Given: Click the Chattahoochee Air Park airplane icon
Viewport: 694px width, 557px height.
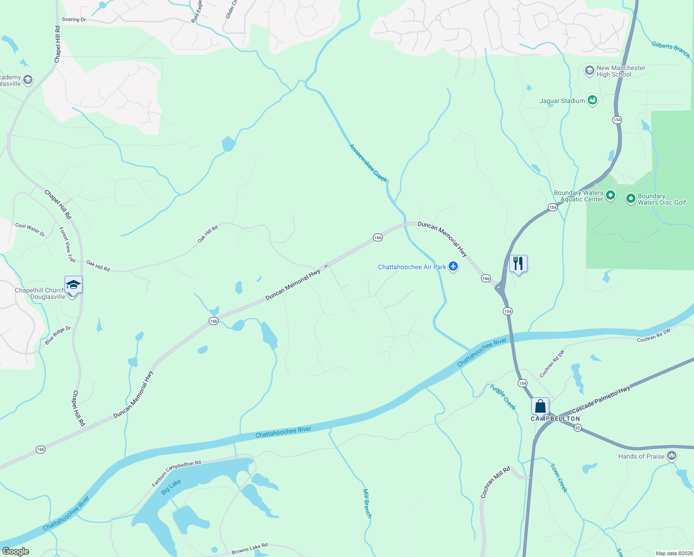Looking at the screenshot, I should point(453,266).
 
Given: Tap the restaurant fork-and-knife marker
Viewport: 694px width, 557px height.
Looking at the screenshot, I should point(518,264).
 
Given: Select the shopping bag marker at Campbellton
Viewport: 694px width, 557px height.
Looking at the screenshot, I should point(540,406).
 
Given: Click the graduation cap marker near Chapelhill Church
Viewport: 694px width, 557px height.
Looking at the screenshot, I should point(73,284).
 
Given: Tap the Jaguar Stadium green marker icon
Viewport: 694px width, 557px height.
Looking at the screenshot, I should point(592,100).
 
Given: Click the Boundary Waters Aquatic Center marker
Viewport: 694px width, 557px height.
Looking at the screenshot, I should point(610,196).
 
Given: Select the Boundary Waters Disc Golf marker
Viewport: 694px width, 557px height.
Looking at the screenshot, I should point(630,199).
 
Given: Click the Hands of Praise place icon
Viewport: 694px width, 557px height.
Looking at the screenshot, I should point(672,456).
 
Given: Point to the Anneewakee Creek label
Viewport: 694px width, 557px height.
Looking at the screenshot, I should point(368,163).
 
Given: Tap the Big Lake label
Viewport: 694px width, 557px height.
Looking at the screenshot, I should point(171,487).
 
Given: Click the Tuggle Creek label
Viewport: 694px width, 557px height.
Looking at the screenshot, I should point(503,397).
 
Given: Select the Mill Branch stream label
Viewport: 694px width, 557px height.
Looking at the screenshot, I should point(367,503).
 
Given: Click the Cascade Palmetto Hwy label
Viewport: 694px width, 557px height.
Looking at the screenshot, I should point(601,400).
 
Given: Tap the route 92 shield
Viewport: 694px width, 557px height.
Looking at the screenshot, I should point(578,428).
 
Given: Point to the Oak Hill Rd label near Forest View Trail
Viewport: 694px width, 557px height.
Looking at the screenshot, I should point(98,266).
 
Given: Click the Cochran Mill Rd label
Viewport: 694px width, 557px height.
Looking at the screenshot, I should point(495,482).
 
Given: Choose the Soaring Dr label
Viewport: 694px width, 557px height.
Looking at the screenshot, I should point(74,19).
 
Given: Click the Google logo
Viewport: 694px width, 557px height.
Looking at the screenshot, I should point(16,551).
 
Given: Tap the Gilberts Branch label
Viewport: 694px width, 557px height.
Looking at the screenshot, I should point(671,50).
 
